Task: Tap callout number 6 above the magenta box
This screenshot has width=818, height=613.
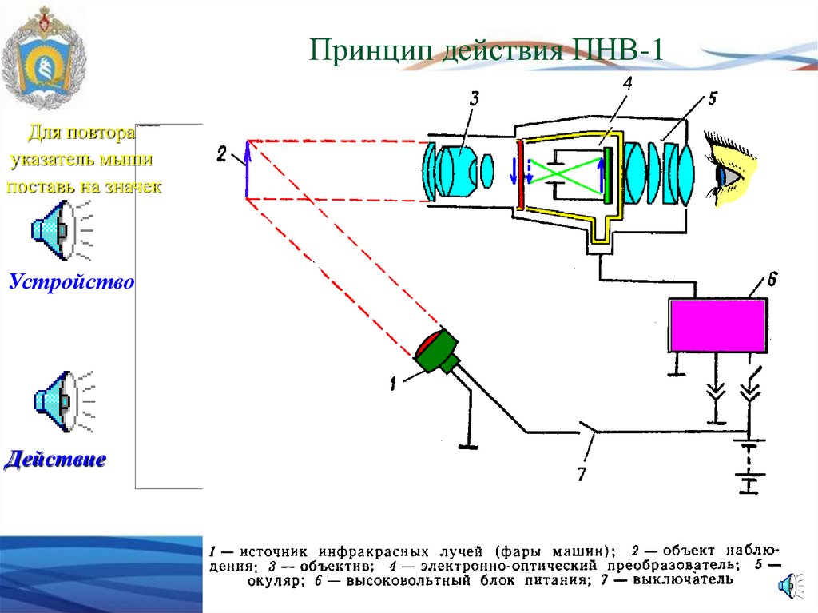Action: point(772,280)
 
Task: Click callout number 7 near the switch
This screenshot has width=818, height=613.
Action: point(581,474)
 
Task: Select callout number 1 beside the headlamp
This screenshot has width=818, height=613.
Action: point(392,384)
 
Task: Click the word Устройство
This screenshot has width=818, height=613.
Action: point(71,282)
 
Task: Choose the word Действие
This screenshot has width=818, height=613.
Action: point(56,460)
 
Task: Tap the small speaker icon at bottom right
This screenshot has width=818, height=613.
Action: point(788,585)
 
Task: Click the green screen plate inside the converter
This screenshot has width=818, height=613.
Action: point(610,173)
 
